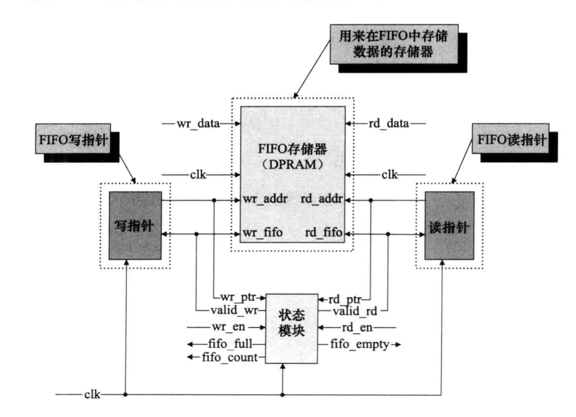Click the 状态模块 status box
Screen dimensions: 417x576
coord(292,328)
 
